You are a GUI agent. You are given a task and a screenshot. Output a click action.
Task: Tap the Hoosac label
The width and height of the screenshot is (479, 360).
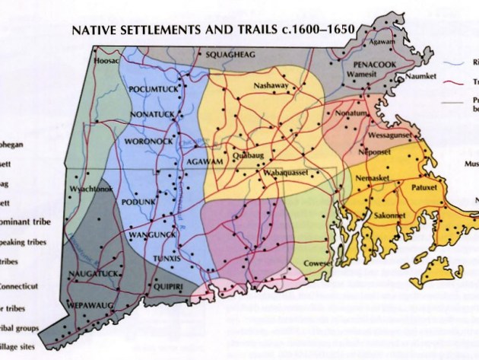click(107, 60)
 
